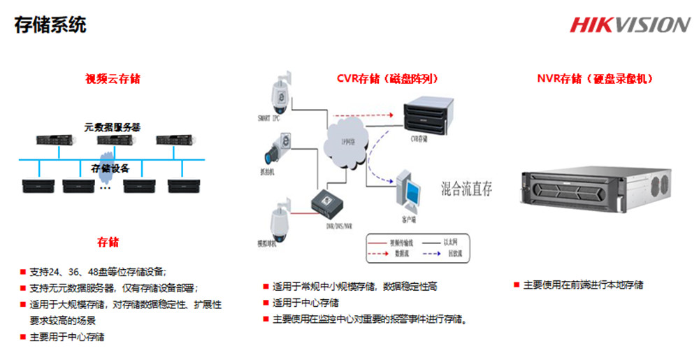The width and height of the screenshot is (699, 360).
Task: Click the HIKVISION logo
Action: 630,24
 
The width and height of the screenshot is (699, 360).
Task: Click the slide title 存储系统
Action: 50,25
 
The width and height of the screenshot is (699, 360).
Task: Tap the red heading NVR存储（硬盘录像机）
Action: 595,78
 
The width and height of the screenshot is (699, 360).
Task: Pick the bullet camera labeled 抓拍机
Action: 276,150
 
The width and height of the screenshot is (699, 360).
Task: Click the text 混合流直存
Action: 467,189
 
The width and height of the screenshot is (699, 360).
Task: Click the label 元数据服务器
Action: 113,128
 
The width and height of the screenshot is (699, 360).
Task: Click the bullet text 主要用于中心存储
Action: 67,337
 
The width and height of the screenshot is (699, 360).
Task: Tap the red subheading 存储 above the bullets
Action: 108,242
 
